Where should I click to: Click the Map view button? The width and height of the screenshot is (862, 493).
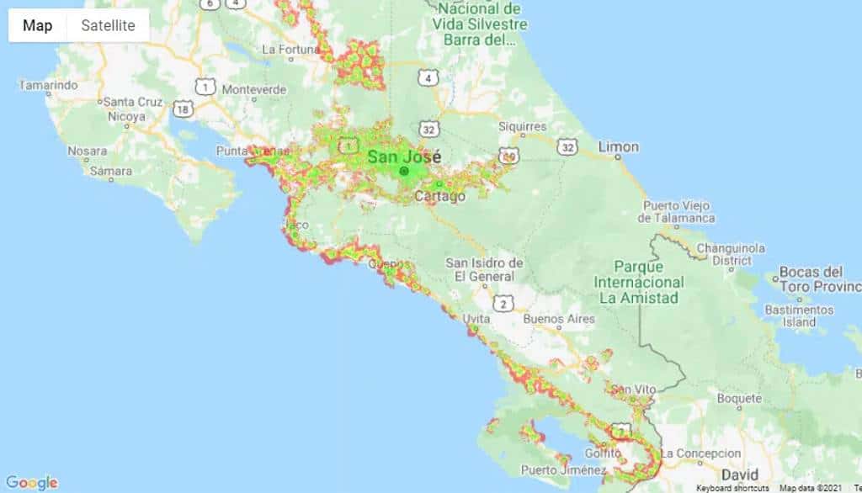[37, 25]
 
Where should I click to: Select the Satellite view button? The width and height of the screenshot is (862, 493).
[108, 25]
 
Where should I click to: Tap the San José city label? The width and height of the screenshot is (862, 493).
[404, 156]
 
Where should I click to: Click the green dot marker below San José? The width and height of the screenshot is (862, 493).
[404, 171]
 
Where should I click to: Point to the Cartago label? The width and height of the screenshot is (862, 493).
[439, 197]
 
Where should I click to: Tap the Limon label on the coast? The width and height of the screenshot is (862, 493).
[618, 146]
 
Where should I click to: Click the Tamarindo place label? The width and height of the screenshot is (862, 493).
[48, 85]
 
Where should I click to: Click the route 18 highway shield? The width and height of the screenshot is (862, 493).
[183, 109]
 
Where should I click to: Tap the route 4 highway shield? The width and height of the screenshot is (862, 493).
[429, 78]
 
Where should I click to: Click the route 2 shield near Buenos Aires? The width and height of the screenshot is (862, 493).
[503, 303]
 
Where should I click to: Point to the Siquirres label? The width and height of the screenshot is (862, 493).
[522, 127]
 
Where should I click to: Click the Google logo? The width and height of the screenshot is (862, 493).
[31, 482]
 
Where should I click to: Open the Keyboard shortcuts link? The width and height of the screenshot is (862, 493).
[732, 488]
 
